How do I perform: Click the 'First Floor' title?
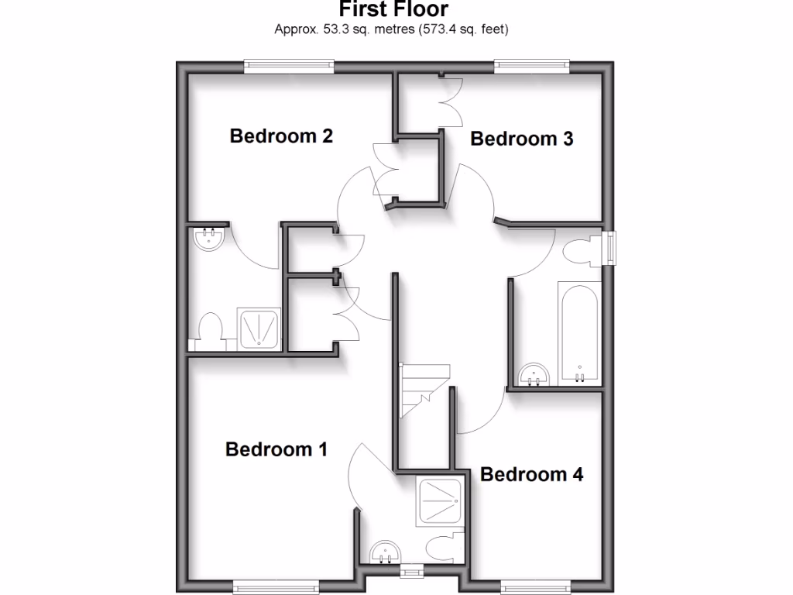pos(393,10)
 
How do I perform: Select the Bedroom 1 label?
pos(276,449)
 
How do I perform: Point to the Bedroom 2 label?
pos(281,136)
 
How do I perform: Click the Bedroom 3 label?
pos(521,139)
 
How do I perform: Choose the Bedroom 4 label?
pos(531,474)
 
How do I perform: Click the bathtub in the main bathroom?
pos(578,332)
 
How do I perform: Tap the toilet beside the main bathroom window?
pos(579,253)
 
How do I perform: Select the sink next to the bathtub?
pos(534,375)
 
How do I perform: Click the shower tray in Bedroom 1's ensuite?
pos(441,500)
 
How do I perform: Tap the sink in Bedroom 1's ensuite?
pos(385,552)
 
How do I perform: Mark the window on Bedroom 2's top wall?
pos(289,67)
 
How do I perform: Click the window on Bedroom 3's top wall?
pos(532,67)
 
